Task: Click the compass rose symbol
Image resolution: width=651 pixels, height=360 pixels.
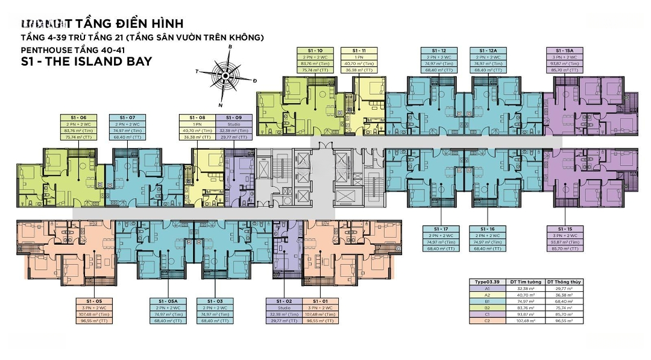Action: coord(225,75)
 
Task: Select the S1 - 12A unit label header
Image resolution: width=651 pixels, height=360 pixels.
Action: coord(488,50)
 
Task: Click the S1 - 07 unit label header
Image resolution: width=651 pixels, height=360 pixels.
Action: coord(128,117)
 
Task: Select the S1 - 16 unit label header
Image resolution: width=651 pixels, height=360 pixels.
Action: coord(488,229)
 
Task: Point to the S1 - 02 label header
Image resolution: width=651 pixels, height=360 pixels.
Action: coord(284,300)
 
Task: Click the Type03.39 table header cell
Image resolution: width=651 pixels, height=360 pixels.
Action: coord(487,282)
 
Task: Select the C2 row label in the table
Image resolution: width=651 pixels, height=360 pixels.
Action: coord(487,320)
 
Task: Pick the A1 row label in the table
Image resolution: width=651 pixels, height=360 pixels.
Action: coord(487,289)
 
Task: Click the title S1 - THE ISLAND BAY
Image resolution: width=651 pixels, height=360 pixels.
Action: coord(78,61)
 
